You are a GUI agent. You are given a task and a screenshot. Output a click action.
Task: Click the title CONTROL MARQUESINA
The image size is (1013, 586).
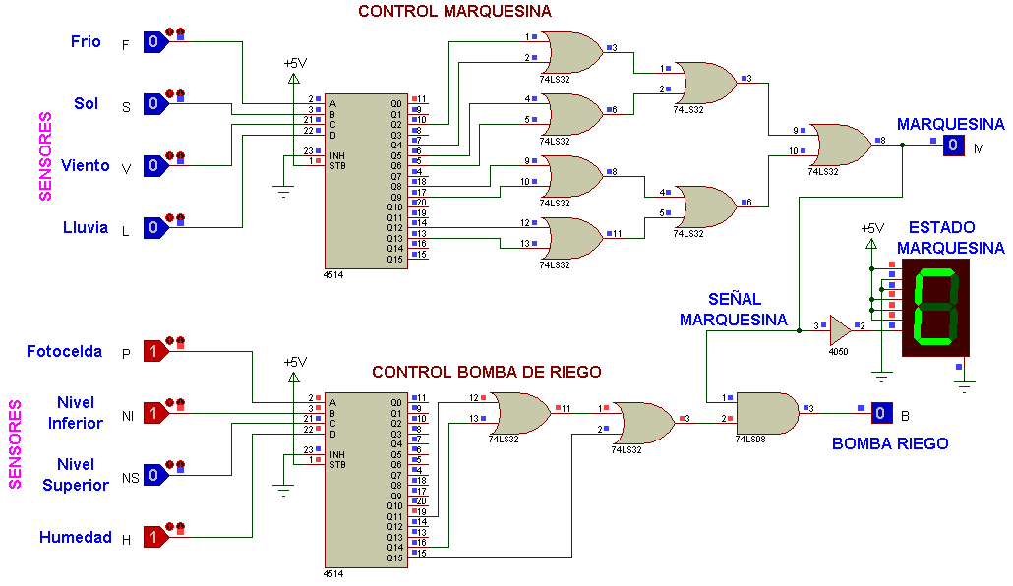point(454,11)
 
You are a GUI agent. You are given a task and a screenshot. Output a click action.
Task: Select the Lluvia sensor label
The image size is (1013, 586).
point(86,227)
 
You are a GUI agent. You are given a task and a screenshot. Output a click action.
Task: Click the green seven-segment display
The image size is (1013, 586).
point(935,308)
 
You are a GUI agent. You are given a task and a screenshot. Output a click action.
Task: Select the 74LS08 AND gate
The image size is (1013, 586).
point(767,413)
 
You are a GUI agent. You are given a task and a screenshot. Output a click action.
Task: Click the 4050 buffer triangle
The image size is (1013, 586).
point(840,330)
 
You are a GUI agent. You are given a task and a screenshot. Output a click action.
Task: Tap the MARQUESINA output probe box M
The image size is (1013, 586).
point(953,145)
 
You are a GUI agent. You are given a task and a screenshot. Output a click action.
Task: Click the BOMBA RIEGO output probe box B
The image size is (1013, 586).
point(880,413)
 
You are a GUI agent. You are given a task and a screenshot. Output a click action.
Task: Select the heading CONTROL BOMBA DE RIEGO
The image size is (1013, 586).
point(487,372)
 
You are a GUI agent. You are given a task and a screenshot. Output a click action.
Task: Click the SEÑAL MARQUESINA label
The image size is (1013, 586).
point(734,310)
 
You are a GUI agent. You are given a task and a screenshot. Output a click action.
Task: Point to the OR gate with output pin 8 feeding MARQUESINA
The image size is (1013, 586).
point(841,145)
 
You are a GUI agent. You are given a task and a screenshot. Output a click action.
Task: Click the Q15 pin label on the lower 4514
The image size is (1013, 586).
point(394,557)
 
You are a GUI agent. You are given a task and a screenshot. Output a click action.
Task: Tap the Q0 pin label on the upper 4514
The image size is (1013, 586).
point(396,103)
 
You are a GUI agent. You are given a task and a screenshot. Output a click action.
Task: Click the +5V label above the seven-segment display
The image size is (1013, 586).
point(872,228)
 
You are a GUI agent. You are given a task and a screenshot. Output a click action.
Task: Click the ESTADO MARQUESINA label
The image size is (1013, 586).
point(950,237)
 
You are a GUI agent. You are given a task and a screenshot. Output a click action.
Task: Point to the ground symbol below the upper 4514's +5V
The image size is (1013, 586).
point(283,192)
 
